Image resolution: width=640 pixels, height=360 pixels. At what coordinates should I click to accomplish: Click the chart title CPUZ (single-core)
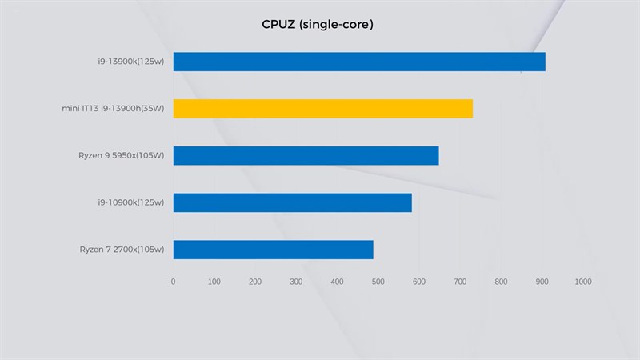pos(318,25)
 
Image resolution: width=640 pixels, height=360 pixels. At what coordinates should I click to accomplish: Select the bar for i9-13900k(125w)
pos(359,62)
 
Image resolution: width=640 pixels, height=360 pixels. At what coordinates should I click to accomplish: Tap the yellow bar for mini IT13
pos(322,109)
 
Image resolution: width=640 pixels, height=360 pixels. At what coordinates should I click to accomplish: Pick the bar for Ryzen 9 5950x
pos(306,155)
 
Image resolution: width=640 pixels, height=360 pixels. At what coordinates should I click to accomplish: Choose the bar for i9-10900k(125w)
pos(292,202)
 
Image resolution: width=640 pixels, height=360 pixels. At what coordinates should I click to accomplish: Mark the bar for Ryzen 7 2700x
pos(273,250)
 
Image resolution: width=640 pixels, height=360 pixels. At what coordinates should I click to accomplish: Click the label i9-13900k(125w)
pos(128,62)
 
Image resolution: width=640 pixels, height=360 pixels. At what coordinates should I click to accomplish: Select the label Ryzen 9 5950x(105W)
pos(122,155)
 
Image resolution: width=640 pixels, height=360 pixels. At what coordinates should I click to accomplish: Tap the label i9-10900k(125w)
pos(128,202)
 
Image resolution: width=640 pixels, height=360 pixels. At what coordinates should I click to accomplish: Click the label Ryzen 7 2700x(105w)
pos(122,250)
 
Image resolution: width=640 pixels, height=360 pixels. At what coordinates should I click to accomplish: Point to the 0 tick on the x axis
pos(173,282)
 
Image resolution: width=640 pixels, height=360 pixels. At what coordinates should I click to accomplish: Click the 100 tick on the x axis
pos(214,282)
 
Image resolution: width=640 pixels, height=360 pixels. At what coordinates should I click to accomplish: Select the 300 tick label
pos(296,282)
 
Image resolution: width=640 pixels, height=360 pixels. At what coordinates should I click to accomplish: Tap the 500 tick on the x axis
pos(378,282)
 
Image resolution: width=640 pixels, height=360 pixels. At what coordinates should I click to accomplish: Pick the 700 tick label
pos(460,282)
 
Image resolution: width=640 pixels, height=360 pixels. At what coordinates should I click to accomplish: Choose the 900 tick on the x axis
pos(542,282)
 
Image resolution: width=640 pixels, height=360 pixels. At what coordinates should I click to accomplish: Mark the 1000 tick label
pos(582,282)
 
